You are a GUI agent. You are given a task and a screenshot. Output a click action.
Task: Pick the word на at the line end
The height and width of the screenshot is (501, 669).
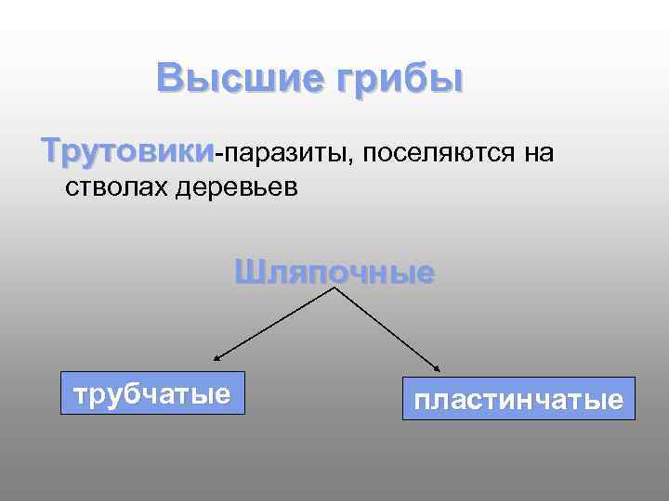(538, 153)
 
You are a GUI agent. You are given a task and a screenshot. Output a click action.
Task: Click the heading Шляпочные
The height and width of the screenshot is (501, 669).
(334, 273)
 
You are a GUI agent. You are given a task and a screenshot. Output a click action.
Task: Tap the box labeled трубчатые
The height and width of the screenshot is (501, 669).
(151, 394)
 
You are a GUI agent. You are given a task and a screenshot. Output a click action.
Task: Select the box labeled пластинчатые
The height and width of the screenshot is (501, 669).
(518, 400)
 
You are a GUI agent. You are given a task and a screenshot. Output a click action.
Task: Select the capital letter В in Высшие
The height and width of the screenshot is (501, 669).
(170, 78)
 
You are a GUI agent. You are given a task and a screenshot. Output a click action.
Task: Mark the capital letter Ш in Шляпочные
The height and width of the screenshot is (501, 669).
(247, 273)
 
